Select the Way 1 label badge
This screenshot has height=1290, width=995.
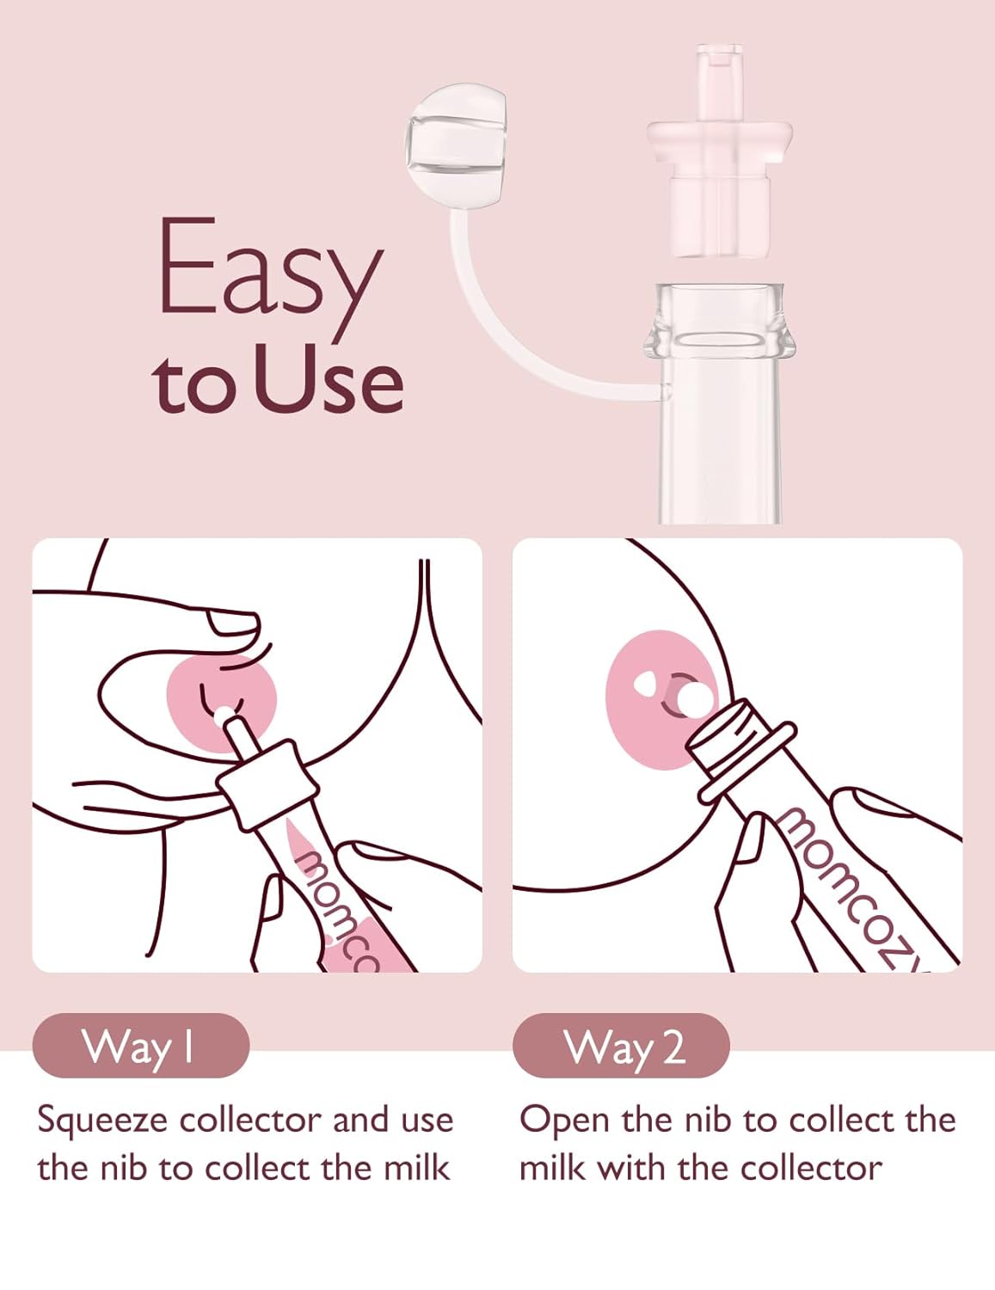[140, 1047]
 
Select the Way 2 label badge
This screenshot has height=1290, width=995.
[621, 1047]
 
